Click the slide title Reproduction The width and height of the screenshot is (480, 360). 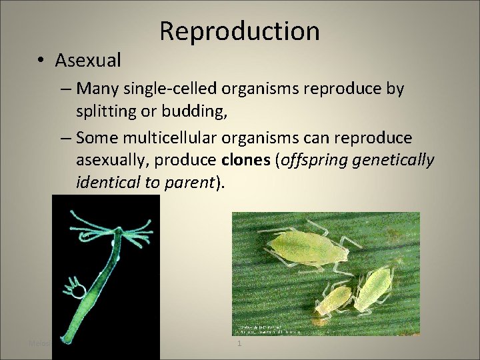tap(240, 31)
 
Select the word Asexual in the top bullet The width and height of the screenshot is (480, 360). tap(88, 61)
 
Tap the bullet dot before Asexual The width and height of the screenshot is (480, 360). tap(41, 61)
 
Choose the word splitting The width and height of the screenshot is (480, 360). tap(107, 111)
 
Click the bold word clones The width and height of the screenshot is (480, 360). tap(243, 161)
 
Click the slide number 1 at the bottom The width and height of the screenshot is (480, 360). tap(239, 343)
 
